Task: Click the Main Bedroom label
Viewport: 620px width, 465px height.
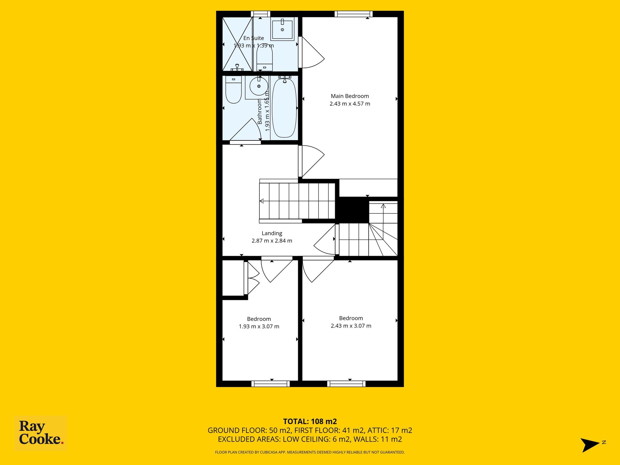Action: point(350,96)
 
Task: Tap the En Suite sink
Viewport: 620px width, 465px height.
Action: point(282,29)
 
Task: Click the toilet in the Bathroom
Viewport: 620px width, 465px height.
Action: point(233,89)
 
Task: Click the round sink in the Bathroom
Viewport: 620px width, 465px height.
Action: point(259,86)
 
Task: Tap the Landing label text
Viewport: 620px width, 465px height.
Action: point(272,233)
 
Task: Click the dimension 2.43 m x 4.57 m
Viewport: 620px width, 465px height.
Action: point(350,104)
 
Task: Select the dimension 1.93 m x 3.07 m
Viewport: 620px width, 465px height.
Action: point(259,326)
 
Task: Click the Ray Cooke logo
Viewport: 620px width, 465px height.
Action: point(41,433)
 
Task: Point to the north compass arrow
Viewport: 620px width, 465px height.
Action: point(590,445)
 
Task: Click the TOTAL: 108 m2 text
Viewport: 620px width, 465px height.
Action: point(310,421)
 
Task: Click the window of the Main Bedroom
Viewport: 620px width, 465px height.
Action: point(354,14)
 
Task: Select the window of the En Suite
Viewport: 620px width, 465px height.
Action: point(261,14)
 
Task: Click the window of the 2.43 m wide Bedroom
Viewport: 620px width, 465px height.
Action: point(346,384)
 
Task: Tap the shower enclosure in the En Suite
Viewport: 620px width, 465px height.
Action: point(237,44)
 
